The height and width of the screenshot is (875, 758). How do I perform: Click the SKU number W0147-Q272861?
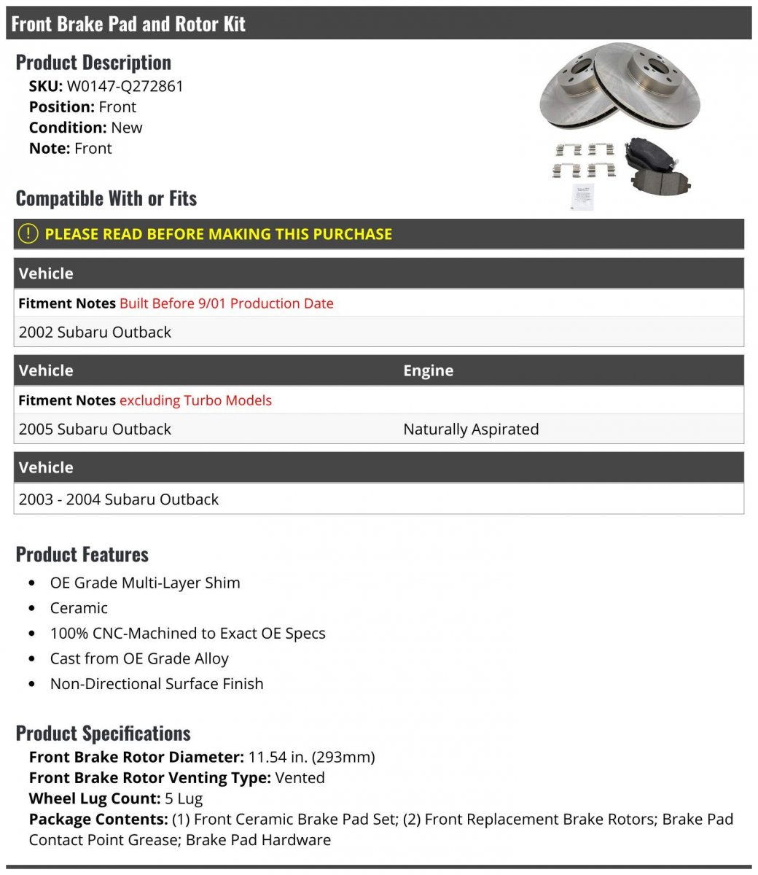(125, 86)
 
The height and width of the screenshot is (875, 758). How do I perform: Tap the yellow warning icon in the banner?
(28, 234)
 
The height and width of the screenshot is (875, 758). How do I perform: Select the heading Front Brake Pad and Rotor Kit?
(128, 24)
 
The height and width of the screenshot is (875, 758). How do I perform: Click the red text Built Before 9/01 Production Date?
(226, 303)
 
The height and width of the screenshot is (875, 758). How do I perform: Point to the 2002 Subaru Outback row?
(95, 332)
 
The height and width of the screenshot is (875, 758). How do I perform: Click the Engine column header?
(428, 370)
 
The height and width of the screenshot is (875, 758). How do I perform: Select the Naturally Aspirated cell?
(471, 429)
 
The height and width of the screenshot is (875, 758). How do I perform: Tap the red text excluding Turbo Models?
(195, 400)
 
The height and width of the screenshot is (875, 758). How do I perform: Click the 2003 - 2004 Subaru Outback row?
(119, 499)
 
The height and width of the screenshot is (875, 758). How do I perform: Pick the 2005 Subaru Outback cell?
(95, 429)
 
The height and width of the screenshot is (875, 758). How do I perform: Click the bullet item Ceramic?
(79, 608)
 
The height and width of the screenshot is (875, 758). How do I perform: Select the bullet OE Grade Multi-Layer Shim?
(145, 583)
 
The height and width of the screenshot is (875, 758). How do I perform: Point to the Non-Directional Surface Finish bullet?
(157, 684)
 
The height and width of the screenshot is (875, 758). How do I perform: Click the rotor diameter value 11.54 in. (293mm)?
(311, 757)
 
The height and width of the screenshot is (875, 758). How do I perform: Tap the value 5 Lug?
(184, 798)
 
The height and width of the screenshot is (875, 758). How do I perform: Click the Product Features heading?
(82, 555)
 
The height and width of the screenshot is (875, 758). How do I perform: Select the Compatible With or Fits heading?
(106, 198)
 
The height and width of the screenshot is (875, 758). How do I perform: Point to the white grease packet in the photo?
(582, 195)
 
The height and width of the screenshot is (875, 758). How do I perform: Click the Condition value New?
(127, 128)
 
